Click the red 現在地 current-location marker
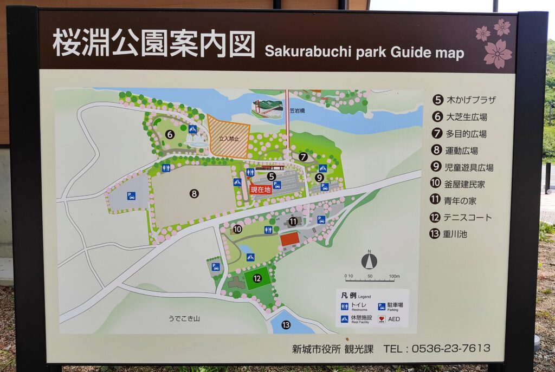(x=261, y=190)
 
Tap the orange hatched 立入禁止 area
(x=229, y=139)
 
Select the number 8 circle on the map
(x=194, y=193)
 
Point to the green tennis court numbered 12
(x=257, y=278)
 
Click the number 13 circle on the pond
(x=286, y=325)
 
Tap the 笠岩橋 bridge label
(x=297, y=110)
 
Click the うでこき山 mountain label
(x=184, y=318)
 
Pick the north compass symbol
(x=369, y=260)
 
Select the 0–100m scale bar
(x=372, y=278)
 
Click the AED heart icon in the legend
(x=382, y=319)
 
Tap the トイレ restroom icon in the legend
(x=344, y=306)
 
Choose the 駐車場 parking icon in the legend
(x=382, y=306)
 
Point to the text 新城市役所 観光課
(x=332, y=348)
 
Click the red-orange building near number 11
(x=290, y=239)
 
